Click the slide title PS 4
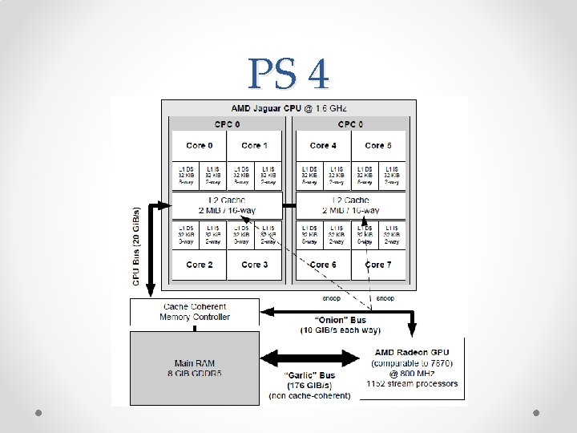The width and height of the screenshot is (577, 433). [x=288, y=74]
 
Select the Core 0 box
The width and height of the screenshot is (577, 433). [x=199, y=145]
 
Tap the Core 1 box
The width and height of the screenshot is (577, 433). [x=254, y=145]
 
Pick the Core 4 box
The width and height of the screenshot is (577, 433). [x=323, y=145]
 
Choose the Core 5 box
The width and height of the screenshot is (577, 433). [x=378, y=145]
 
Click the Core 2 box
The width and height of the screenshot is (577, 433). [x=199, y=264]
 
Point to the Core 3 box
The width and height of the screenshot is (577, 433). [x=254, y=264]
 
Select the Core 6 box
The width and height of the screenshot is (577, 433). [x=323, y=264]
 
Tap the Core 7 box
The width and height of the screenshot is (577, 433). [x=378, y=264]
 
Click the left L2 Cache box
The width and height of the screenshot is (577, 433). [x=227, y=205]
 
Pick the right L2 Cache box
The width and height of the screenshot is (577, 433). [x=351, y=205]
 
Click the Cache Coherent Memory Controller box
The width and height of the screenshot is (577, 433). [x=195, y=312]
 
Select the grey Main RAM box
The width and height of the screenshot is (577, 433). [x=195, y=368]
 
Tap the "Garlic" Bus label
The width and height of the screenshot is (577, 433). [x=309, y=374]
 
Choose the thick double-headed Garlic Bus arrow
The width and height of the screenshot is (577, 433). [x=309, y=357]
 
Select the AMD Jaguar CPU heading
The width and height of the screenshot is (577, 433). [x=288, y=107]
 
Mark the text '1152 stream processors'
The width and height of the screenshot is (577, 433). [x=412, y=384]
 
